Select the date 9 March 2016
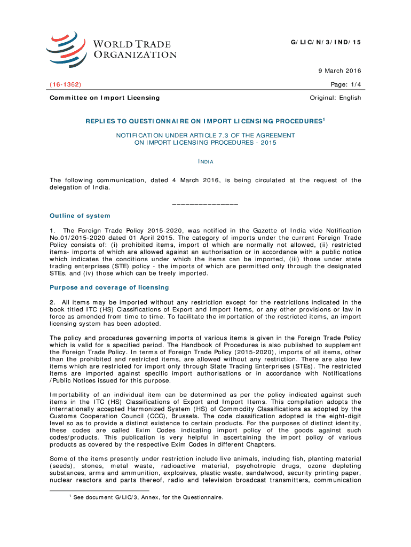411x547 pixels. click(339, 71)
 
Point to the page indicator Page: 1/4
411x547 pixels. click(346, 84)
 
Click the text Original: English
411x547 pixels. click(335, 98)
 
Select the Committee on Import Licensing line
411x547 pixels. click(105, 98)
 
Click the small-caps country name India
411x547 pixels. click(205, 161)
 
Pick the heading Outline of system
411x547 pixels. click(80, 216)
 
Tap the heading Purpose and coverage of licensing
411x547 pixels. click(109, 287)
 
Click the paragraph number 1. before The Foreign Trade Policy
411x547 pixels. click(52, 230)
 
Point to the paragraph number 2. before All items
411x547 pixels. click(52, 302)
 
